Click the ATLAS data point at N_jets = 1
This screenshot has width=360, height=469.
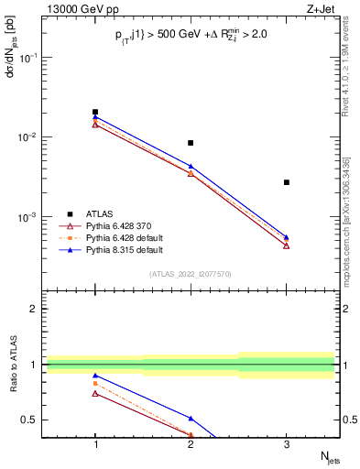(95, 112)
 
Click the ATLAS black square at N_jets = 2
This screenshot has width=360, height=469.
(191, 143)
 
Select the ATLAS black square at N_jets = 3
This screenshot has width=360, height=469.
(287, 182)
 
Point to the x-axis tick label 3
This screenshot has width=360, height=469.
(287, 444)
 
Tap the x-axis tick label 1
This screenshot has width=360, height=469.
(95, 444)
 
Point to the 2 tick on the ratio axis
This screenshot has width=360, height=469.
(35, 309)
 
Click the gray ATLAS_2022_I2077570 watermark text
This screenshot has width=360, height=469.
(191, 274)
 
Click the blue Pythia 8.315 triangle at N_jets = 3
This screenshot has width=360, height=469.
(287, 237)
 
